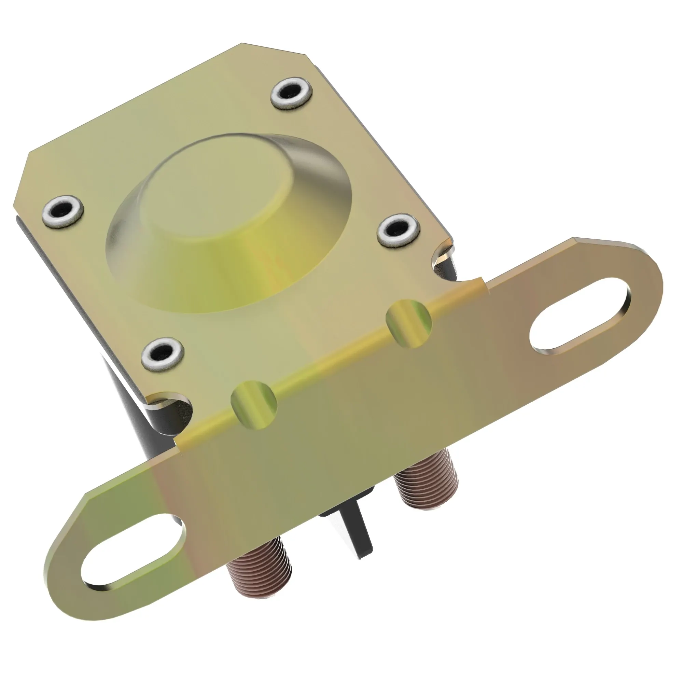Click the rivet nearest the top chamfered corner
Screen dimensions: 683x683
[x=292, y=93]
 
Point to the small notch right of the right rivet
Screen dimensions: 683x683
[x=442, y=253]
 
